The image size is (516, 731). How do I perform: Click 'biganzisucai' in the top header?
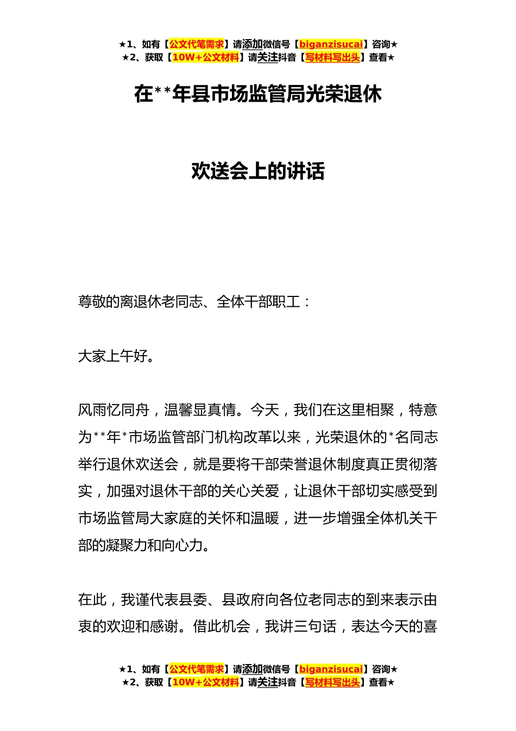pos(331,45)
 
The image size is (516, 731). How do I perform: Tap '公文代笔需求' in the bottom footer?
pos(196,670)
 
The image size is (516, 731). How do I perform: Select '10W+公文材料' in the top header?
pos(205,58)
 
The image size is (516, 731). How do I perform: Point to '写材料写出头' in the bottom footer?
pos(332,683)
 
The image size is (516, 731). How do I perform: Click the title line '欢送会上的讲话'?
pos(258,171)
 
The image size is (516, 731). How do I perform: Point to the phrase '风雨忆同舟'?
pos(114,410)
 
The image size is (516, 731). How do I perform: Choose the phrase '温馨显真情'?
pos(200,410)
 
